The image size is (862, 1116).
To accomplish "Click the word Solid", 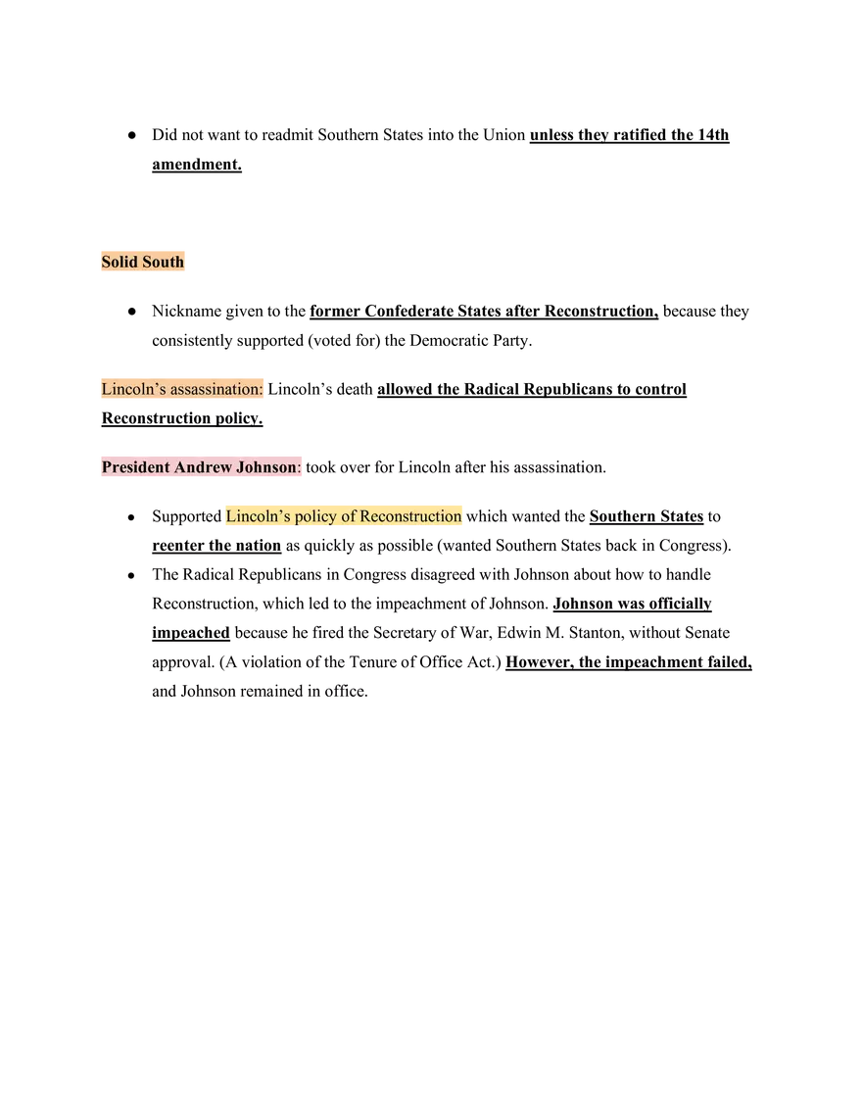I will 120,262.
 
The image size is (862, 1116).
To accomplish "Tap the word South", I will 163,262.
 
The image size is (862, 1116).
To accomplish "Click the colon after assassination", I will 262,390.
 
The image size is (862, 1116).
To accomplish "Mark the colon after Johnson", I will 300,467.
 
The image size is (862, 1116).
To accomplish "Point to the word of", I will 348,516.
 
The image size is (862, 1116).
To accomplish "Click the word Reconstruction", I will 410,516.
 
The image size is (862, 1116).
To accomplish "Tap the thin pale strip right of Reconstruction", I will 529,529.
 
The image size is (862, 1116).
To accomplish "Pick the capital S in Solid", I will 106,262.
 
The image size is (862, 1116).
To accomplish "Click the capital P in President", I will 107,467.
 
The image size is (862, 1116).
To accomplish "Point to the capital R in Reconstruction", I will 365,516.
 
